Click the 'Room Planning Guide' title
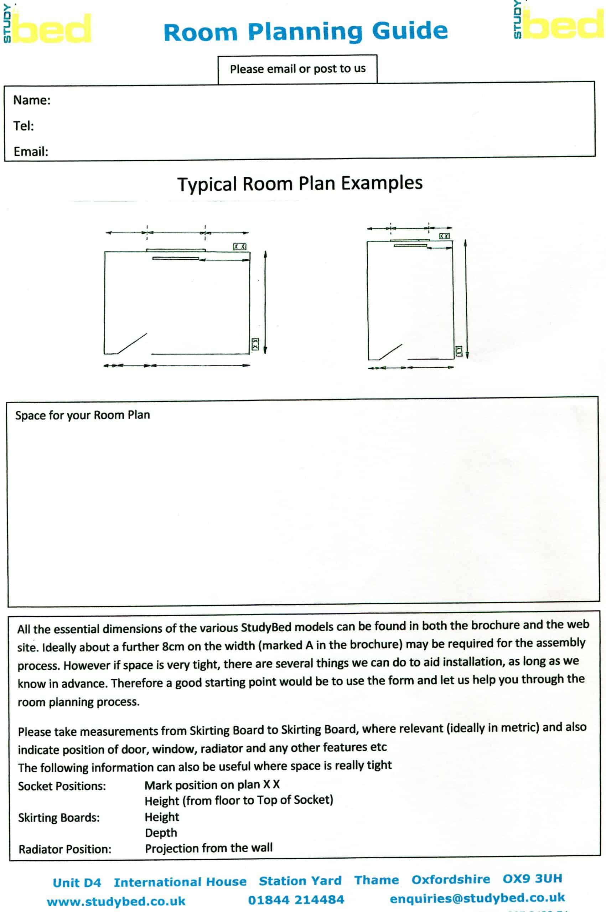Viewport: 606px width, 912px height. click(x=305, y=32)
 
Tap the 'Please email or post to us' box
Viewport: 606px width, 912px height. click(x=297, y=69)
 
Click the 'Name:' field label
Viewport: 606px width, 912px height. click(x=32, y=100)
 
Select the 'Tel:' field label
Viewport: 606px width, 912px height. click(x=24, y=126)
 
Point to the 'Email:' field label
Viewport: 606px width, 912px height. click(x=31, y=151)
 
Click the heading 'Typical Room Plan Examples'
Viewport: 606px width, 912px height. click(x=300, y=183)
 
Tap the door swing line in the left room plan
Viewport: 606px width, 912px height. click(x=132, y=343)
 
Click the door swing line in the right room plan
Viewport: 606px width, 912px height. click(x=391, y=352)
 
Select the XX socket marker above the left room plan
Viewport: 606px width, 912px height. click(x=240, y=247)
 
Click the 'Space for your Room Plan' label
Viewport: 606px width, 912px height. click(x=82, y=415)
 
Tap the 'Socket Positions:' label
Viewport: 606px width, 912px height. click(x=62, y=786)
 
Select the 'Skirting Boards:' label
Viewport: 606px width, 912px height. click(x=59, y=818)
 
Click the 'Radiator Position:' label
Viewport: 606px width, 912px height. click(x=65, y=849)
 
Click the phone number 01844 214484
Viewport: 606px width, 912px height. click(x=296, y=900)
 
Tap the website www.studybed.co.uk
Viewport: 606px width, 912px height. click(x=116, y=902)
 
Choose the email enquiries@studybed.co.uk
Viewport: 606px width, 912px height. click(x=477, y=898)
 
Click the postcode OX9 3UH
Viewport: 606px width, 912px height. click(x=532, y=879)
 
